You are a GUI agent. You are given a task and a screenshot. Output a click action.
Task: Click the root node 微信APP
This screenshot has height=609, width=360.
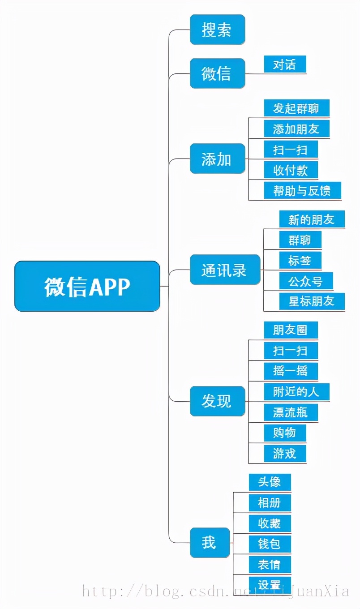click(x=87, y=286)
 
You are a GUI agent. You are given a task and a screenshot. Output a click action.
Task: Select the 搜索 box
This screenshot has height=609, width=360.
click(x=217, y=30)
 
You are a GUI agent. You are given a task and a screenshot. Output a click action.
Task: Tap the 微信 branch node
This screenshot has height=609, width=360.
click(x=217, y=73)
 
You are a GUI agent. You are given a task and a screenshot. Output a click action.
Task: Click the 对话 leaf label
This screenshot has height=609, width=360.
click(x=285, y=65)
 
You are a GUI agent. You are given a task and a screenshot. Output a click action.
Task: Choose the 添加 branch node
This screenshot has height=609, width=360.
click(x=217, y=159)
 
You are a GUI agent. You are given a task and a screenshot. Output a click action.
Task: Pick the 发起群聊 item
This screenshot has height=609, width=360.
click(x=296, y=108)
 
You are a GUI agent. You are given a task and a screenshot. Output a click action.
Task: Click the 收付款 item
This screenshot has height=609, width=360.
click(x=290, y=170)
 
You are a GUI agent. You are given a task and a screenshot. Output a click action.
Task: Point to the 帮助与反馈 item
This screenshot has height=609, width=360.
click(x=302, y=191)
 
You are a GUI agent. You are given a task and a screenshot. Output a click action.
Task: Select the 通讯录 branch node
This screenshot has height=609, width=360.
click(x=225, y=270)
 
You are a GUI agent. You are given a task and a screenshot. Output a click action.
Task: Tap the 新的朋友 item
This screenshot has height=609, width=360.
click(x=312, y=219)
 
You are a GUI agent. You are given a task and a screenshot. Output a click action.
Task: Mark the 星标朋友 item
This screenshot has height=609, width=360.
click(x=312, y=301)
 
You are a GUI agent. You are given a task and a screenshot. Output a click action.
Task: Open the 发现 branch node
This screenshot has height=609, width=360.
click(x=217, y=401)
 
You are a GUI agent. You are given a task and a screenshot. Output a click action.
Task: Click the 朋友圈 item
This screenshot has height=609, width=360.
click(x=291, y=330)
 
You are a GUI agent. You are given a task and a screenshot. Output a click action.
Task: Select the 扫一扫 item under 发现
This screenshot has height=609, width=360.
click(x=291, y=351)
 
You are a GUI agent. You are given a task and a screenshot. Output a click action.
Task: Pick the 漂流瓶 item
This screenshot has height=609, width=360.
click(x=291, y=412)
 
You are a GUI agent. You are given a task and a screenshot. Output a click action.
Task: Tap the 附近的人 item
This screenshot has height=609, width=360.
click(x=296, y=392)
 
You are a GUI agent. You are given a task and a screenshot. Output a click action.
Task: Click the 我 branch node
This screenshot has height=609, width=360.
click(x=210, y=543)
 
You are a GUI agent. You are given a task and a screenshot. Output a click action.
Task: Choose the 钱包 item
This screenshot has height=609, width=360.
click(x=270, y=544)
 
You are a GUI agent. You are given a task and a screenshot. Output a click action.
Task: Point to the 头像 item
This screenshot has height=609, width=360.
click(x=270, y=482)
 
